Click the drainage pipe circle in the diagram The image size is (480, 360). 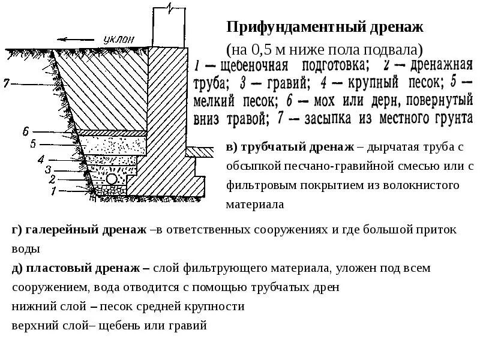(112, 179)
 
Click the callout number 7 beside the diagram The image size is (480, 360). (5, 83)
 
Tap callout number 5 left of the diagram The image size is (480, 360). (34, 143)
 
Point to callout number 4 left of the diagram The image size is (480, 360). (41, 159)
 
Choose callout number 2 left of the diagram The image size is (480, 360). (52, 179)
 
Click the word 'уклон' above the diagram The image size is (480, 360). (119, 38)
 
